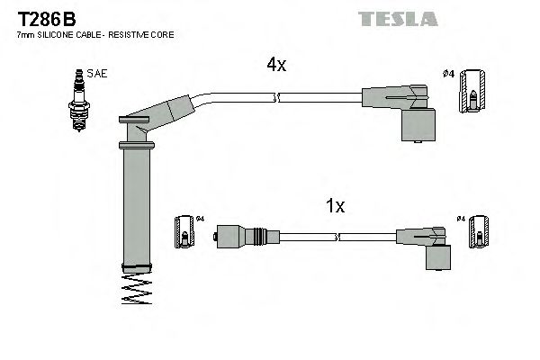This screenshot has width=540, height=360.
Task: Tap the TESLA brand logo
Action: pos(397,19)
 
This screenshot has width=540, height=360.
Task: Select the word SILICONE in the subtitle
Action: pos(58,34)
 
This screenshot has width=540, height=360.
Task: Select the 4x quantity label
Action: pos(276,65)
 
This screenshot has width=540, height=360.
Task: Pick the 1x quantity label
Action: pos(334,206)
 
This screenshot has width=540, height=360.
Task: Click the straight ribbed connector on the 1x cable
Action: pos(240,238)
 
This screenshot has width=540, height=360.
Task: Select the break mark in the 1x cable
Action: pos(337,238)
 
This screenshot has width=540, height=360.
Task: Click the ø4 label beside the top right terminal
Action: pos(448,74)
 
